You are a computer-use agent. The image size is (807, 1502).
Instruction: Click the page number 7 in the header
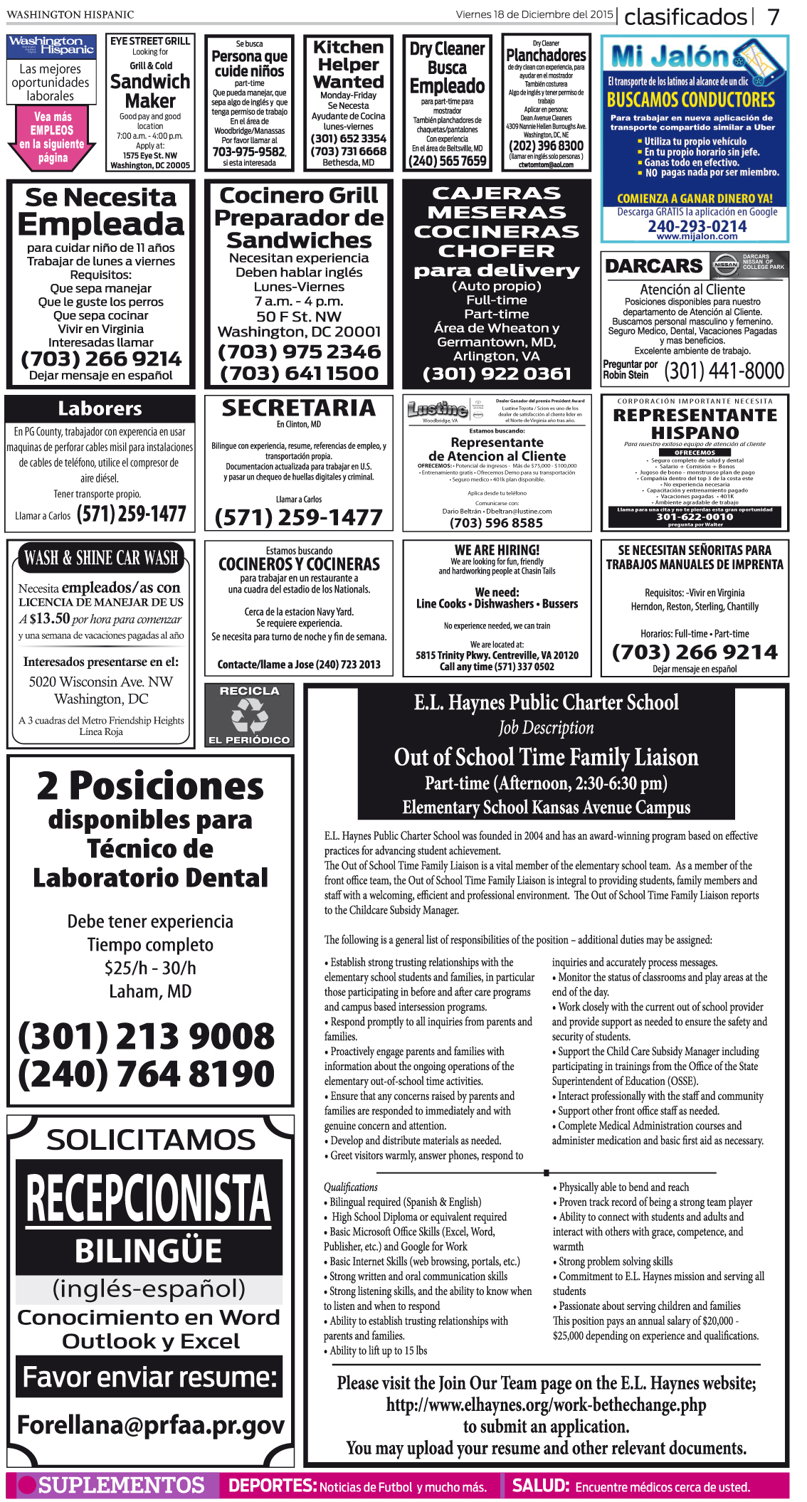coord(774,16)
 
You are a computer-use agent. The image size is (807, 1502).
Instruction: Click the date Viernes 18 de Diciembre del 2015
coord(534,14)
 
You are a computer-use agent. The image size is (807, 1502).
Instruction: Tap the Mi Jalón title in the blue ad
coord(670,56)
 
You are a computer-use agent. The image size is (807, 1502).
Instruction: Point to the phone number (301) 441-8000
coord(724,371)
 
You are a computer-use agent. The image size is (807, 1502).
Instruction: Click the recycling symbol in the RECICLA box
coord(249,715)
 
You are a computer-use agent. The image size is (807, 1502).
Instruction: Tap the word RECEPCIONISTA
coord(149,1198)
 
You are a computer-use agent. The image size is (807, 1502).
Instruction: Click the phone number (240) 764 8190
coord(147,1074)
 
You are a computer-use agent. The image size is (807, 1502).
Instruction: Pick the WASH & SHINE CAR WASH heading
coord(101,559)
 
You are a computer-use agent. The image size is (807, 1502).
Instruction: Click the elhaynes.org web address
coord(546,1405)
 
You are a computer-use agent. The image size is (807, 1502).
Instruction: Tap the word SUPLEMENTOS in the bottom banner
coord(121,1486)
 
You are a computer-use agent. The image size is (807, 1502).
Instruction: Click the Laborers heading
coord(100,408)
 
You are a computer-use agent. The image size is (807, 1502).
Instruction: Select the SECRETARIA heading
coord(298,408)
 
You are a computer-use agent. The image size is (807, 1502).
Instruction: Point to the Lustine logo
coord(437,409)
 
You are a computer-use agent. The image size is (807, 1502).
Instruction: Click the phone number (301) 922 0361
coord(497,374)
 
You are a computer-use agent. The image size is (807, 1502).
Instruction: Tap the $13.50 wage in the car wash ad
coord(50,618)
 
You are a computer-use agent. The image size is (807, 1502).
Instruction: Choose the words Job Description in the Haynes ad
coord(546,728)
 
